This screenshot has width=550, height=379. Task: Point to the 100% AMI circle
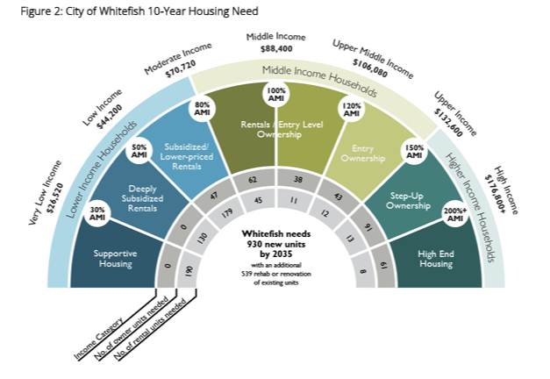(277, 96)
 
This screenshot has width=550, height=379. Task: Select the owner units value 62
(252, 180)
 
